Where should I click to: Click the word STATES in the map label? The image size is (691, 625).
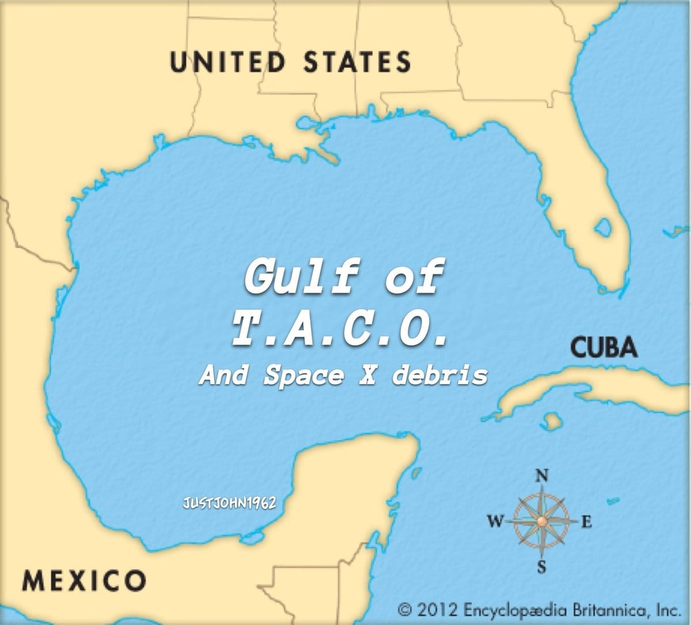click(x=357, y=62)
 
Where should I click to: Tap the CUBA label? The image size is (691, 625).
click(x=604, y=347)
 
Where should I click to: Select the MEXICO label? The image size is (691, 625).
click(x=83, y=579)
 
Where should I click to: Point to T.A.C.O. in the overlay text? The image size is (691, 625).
click(x=340, y=329)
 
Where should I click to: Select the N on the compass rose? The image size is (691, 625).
click(x=541, y=476)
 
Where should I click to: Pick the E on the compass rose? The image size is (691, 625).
click(x=586, y=522)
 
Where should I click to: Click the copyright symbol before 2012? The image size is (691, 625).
click(x=407, y=608)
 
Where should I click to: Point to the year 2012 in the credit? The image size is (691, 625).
click(x=438, y=608)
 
